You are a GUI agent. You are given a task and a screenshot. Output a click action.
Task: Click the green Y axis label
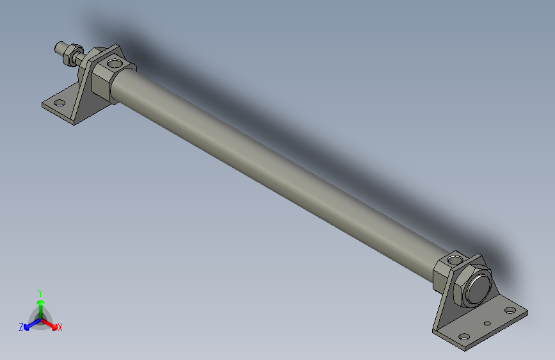pos(40,292)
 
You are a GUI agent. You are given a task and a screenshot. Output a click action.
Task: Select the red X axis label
pos(60,328)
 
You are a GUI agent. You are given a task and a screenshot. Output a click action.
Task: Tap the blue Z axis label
pos(21,327)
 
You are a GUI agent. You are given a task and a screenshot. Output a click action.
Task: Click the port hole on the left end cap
pos(115,63)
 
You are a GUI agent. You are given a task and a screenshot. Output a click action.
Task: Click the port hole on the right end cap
pos(454,260)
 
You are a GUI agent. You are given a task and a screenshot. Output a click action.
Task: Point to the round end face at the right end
pos(479,289)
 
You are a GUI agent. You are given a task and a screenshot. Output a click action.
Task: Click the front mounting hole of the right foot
pos(463,336)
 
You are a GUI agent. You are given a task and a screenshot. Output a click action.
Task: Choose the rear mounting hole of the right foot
pos(510,311)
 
